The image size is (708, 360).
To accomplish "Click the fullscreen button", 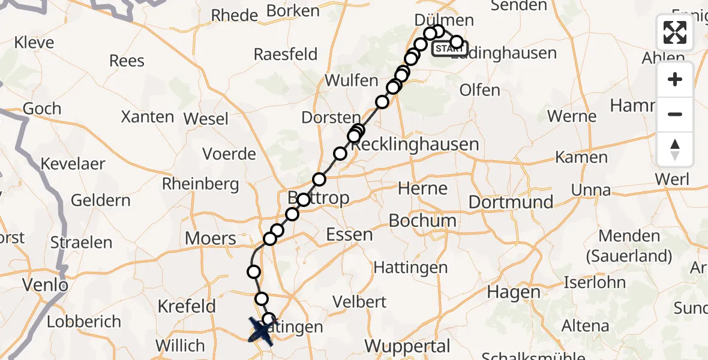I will [675, 32].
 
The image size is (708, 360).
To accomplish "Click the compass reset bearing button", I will [675, 149].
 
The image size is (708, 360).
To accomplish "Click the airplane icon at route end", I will [262, 331].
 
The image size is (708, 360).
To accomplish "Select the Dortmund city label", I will [511, 202].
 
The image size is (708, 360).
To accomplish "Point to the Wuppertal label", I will [407, 346].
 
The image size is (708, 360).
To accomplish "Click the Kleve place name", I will [34, 43].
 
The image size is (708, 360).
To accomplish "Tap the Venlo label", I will [45, 284].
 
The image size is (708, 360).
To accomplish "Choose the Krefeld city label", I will [187, 306].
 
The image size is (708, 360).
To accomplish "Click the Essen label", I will [349, 234].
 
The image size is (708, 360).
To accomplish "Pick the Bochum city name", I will [422, 220].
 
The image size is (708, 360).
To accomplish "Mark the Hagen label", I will [514, 292].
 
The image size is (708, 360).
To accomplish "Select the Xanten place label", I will [148, 116].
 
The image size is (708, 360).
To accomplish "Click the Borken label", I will [293, 11].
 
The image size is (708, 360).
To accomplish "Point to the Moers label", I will [210, 238].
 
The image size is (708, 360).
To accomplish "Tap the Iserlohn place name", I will [595, 282].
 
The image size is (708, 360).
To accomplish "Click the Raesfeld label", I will [286, 54].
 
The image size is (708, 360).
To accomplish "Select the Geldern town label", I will [101, 200].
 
